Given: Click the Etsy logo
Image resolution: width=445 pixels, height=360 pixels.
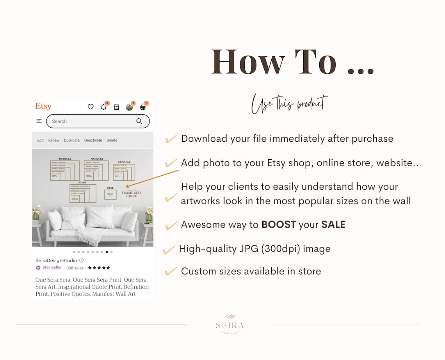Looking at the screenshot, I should click(x=43, y=107).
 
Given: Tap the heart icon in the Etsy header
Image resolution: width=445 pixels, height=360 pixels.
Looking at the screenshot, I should click(x=91, y=107).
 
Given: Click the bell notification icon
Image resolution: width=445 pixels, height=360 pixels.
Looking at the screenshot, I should click(x=103, y=107).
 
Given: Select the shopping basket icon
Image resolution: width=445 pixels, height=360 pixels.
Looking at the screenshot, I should click(x=143, y=107).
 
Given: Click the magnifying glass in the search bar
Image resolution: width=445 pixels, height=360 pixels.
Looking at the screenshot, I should click(x=139, y=121).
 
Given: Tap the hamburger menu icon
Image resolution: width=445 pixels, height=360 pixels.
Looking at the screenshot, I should click(x=39, y=121).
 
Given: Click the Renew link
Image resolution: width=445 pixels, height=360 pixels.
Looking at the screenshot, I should click(x=54, y=140).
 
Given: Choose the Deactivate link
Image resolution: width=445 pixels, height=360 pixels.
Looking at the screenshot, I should click(x=93, y=140).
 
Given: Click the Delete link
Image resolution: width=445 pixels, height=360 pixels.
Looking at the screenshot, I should click(x=112, y=140).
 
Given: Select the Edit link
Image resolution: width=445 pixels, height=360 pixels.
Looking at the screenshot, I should click(x=41, y=140).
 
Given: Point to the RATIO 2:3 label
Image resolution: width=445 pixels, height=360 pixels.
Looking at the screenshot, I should click(x=65, y=159).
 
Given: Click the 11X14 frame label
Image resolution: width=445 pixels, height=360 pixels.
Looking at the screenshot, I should click(x=110, y=188).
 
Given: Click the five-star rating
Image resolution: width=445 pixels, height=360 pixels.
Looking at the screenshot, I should click(x=99, y=268).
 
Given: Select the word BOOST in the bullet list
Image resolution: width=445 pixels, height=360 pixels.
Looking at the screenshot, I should click(x=278, y=225).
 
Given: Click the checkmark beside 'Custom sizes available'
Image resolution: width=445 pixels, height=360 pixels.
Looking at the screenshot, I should click(x=171, y=271).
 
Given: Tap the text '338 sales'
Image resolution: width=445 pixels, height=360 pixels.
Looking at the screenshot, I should click(x=75, y=268).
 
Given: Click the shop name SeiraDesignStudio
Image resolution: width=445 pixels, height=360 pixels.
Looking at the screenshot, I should click(x=56, y=260).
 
